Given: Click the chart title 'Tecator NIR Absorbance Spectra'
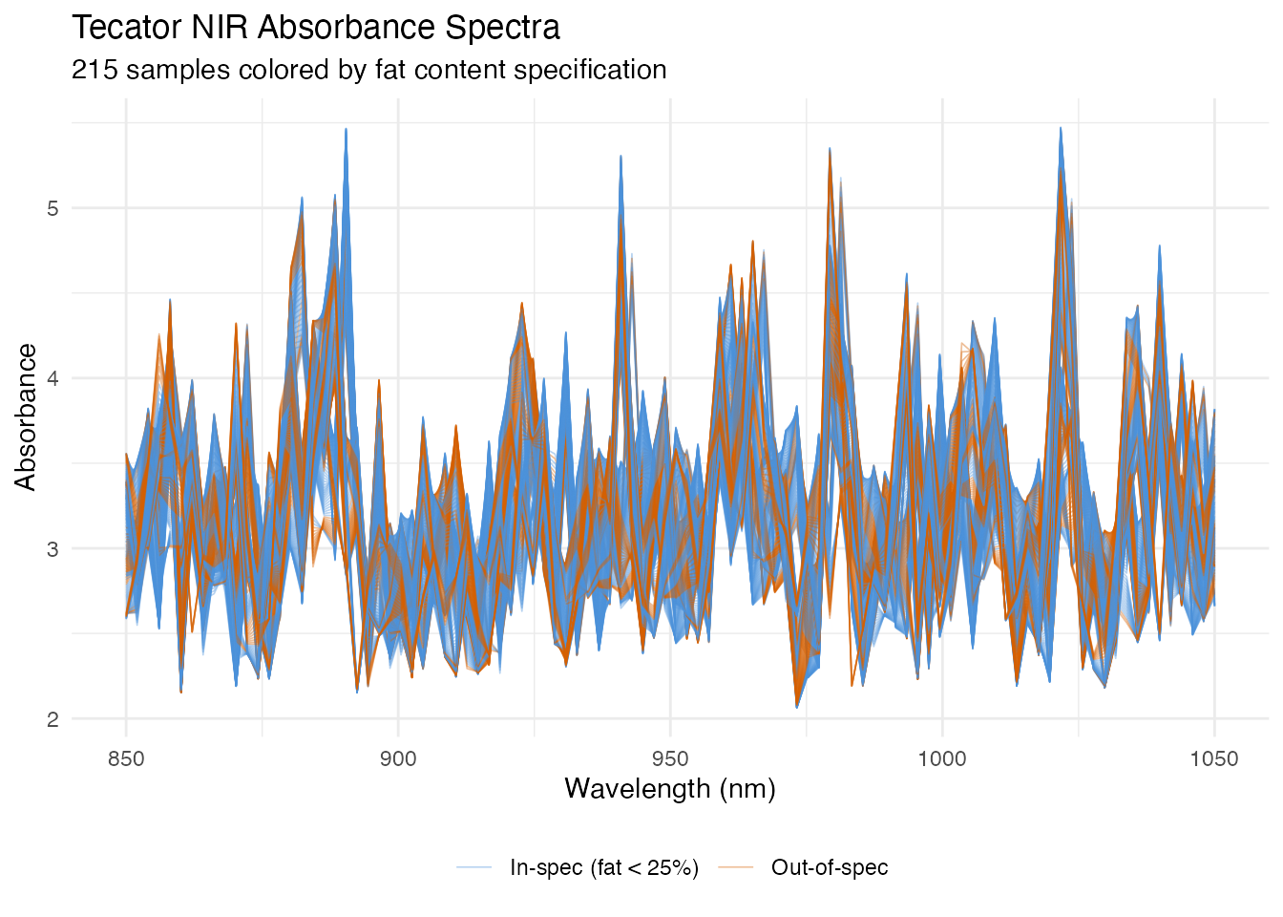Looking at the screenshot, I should [316, 28].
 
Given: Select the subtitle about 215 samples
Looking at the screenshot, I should [368, 70].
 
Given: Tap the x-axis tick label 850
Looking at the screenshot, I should [126, 759].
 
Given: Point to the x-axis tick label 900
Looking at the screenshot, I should [398, 759].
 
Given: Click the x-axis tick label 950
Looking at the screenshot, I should [670, 759].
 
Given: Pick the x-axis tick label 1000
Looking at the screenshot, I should [942, 759].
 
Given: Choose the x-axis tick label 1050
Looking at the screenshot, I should [1214, 759].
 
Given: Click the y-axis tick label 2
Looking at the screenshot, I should [53, 719].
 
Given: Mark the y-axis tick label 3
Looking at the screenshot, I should [53, 549].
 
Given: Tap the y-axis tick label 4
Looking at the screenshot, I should [53, 378].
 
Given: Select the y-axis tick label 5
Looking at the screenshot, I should [53, 208].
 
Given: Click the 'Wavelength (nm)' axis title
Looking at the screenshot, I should [670, 789].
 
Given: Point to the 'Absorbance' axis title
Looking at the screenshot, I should [26, 417].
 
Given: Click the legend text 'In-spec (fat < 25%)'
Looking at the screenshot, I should [604, 867].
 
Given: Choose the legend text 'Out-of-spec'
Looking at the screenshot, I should [830, 867].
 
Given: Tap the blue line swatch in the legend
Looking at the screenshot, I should [473, 867].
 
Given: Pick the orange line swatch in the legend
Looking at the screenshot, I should [735, 867].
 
